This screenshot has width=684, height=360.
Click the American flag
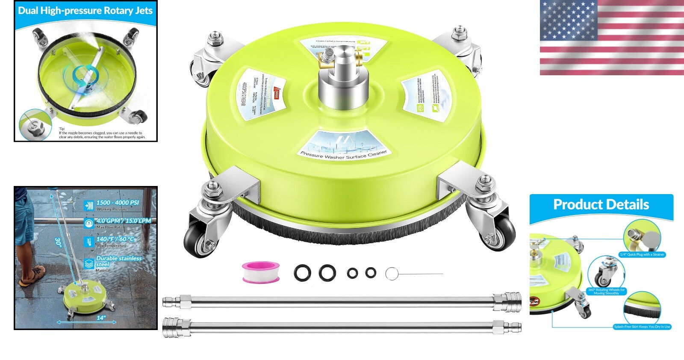tap(611, 38)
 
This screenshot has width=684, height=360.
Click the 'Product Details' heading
tap(601, 204)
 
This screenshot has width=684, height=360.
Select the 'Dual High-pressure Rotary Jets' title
tap(85, 11)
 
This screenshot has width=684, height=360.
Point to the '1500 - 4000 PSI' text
tap(118, 203)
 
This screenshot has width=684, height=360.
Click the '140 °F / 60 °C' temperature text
tap(115, 239)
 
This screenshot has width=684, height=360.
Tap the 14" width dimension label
tap(101, 318)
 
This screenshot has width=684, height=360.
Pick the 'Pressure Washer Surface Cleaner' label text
tap(344, 155)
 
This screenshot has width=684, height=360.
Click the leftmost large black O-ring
tap(302, 273)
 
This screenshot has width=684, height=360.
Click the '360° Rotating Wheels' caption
tap(606, 291)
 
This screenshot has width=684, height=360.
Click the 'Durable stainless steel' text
tap(118, 261)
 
